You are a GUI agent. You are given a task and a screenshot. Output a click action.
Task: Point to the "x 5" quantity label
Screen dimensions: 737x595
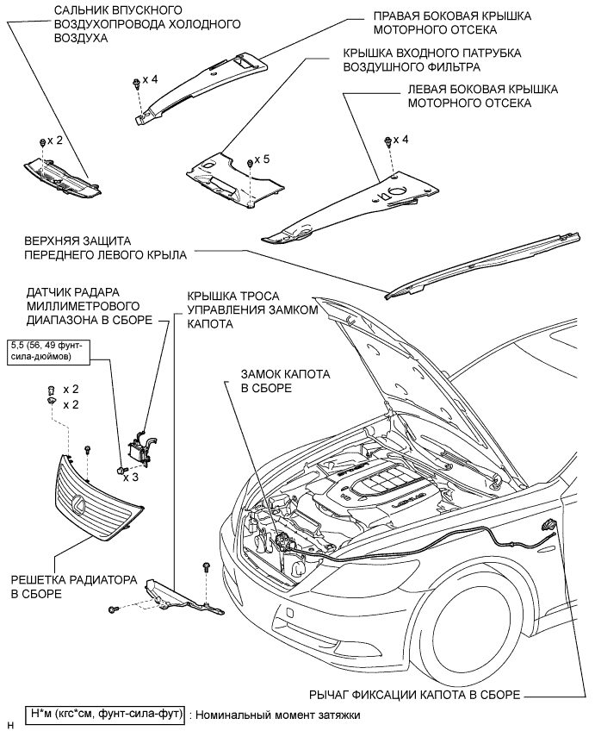(262, 160)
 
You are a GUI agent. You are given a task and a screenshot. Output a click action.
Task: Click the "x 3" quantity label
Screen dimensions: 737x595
(132, 476)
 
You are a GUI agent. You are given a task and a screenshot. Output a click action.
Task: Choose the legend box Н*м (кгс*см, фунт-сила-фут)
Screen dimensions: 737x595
(102, 714)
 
